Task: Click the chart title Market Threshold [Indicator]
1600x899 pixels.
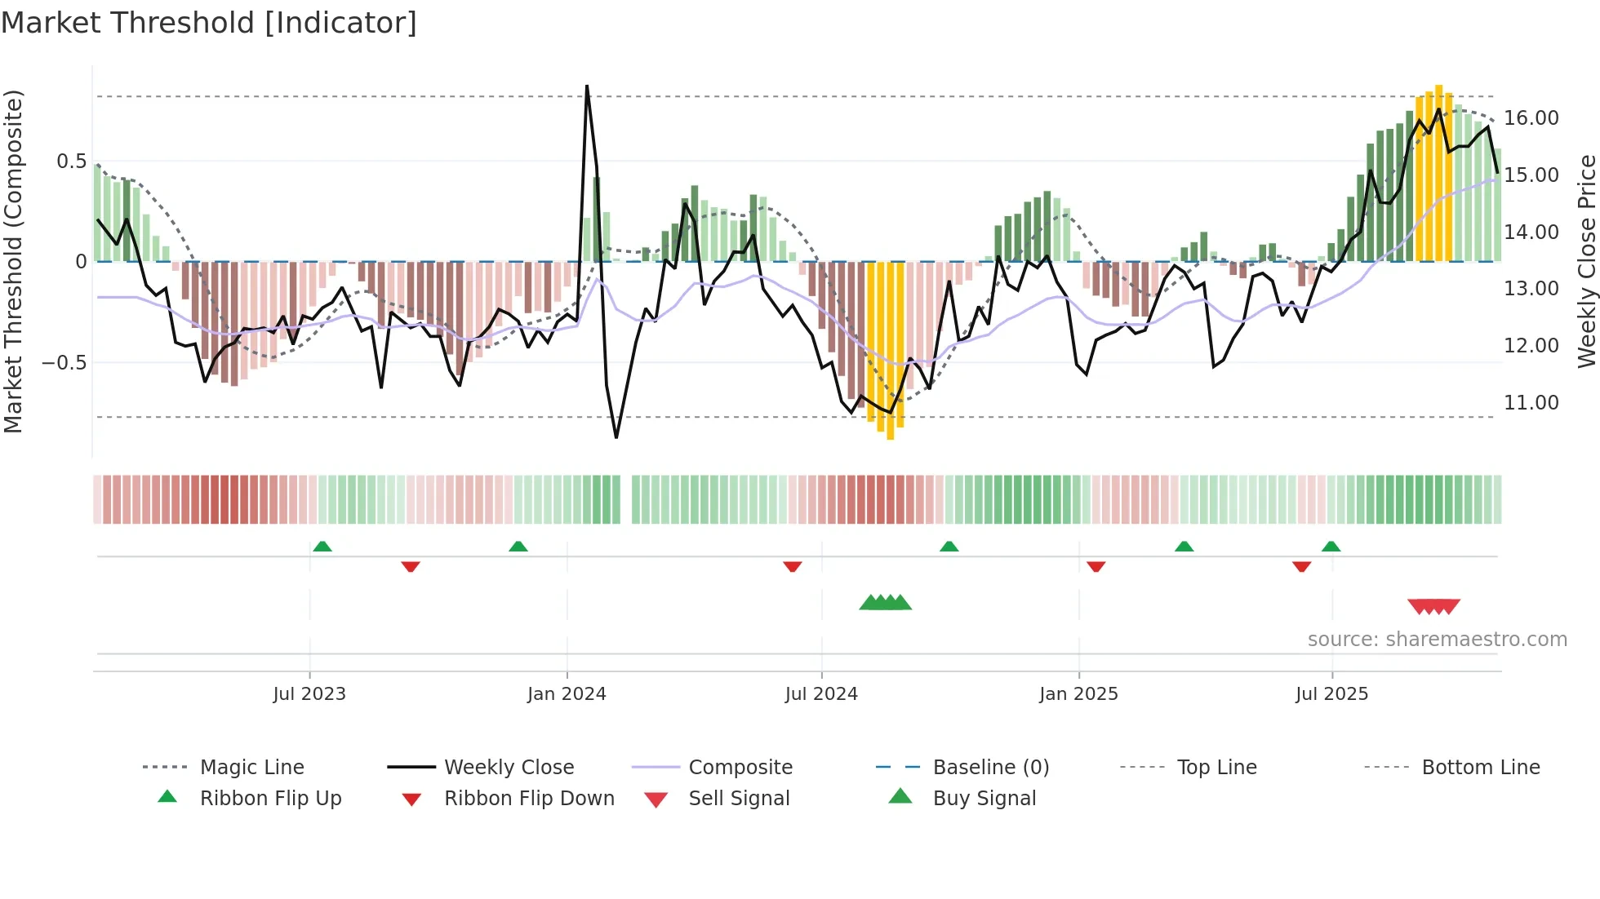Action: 209,23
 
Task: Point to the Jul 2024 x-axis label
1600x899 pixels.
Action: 821,694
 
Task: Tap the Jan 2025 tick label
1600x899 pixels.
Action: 1078,694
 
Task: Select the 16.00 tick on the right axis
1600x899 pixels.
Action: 1531,118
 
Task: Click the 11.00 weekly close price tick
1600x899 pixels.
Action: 1531,403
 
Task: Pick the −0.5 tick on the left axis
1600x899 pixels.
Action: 64,362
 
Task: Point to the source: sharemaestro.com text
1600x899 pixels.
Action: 1437,640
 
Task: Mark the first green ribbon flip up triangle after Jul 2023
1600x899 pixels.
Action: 322,547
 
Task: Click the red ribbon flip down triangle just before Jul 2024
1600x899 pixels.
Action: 792,566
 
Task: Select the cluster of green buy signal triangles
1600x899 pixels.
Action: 885,603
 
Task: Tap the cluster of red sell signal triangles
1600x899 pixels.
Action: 1433,606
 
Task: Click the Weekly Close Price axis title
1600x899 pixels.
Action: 1586,261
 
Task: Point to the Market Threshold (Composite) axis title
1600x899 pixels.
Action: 13,261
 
